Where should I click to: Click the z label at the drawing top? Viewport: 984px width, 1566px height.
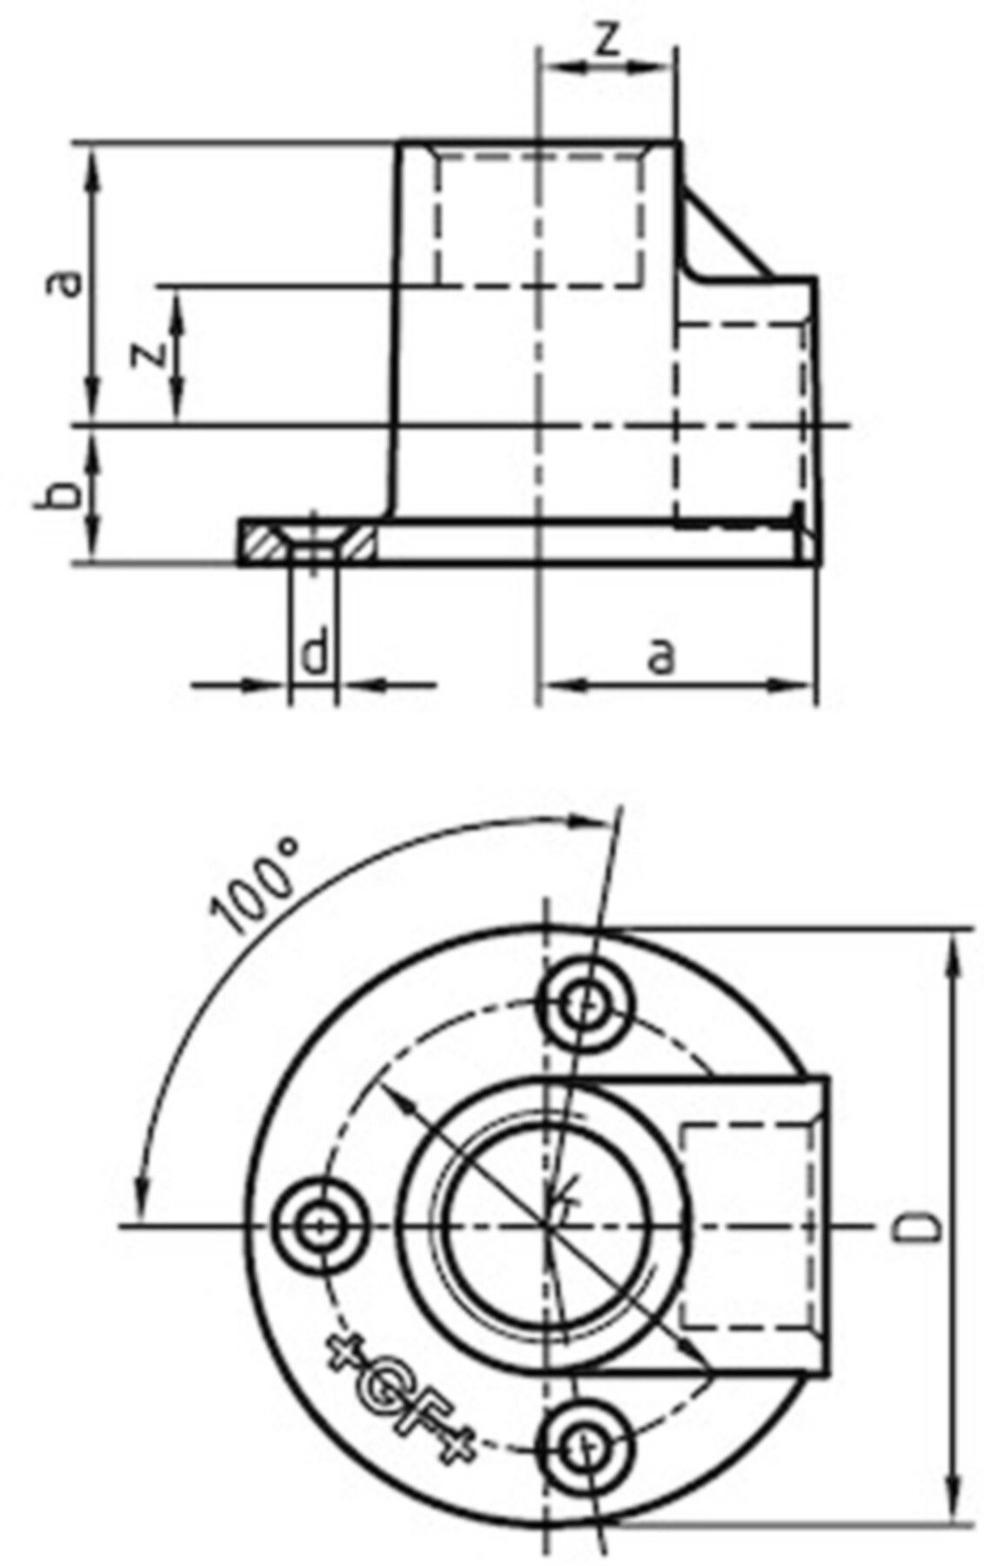[610, 40]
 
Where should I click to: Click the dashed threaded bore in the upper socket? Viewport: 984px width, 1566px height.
[539, 217]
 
